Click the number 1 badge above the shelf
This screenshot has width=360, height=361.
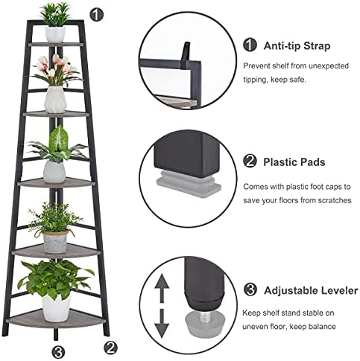coord(96,15)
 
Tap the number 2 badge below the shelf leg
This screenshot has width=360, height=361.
coord(110,347)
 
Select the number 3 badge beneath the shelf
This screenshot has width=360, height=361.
coord(59,352)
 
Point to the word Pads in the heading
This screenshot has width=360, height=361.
coord(312,162)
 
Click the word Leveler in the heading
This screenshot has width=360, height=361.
coord(339,290)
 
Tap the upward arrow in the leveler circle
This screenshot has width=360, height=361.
coord(162,288)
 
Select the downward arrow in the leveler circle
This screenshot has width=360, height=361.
coord(162,323)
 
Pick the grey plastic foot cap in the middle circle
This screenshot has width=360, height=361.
coord(189,184)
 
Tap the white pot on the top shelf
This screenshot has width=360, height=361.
coord(55,34)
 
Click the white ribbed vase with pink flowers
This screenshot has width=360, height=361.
coord(55,100)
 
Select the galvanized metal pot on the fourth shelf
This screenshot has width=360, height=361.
coord(55,242)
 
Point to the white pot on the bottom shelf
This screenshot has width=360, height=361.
coord(56,308)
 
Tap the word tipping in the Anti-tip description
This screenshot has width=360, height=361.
coord(255,80)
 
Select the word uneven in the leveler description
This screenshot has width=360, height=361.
coord(255,327)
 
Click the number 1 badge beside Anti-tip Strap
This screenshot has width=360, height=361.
coord(250,45)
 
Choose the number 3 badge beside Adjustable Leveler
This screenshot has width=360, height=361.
coord(250,290)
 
